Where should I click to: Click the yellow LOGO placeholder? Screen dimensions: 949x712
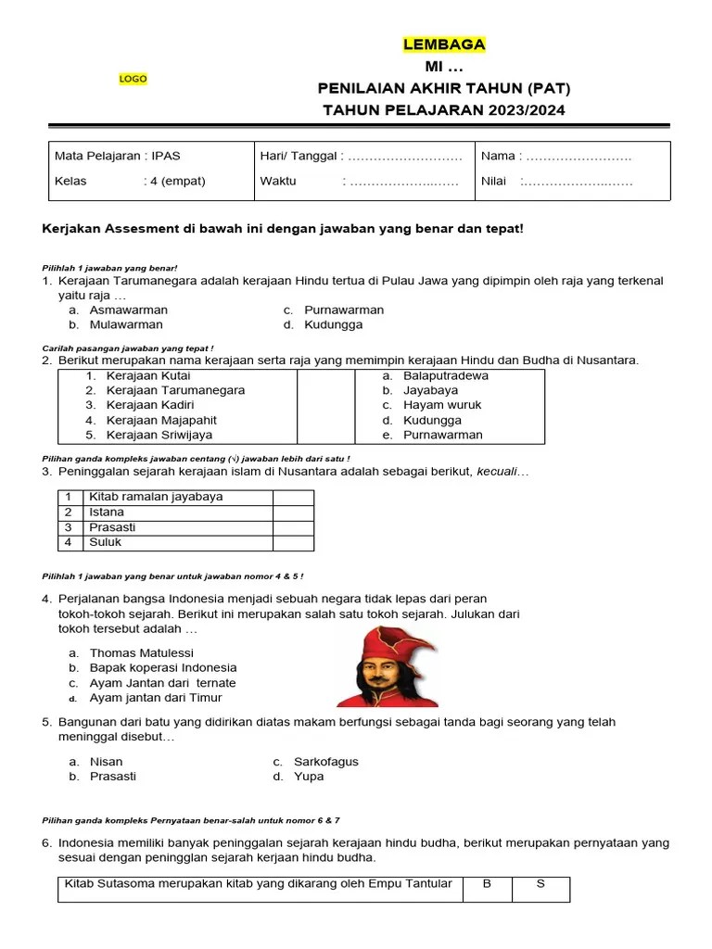pos(133,79)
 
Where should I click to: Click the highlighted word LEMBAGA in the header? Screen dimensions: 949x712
pos(444,44)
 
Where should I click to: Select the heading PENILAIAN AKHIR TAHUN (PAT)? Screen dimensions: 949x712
pos(444,89)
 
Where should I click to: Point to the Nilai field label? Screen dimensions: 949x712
pos(494,181)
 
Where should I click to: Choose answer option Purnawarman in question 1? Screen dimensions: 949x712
pos(343,310)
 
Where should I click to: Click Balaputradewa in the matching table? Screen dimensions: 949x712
pos(445,375)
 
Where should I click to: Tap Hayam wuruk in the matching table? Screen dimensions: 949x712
pos(442,405)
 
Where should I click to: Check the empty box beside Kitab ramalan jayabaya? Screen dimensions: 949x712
pos(292,497)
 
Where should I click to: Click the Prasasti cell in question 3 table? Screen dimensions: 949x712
pos(112,527)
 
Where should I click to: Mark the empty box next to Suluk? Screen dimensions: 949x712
pos(292,542)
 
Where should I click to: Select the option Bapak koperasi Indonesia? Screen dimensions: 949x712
pos(162,667)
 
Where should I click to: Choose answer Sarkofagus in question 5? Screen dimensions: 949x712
pos(325,762)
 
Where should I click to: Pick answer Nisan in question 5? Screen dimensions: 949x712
pos(106,762)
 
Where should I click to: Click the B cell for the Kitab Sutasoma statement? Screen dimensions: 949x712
pos(487,884)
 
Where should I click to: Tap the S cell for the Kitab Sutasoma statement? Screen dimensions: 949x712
pos(541,884)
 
